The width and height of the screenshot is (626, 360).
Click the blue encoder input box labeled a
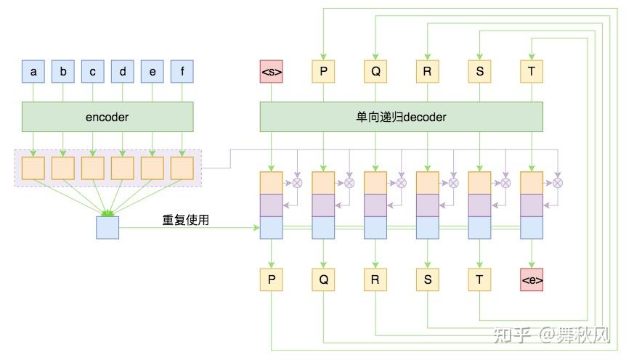coord(33,72)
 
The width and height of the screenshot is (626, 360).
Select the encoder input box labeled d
coord(123,72)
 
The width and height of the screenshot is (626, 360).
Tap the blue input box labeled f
coord(182,72)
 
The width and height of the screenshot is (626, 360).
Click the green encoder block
coord(107,117)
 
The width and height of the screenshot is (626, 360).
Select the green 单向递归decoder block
coord(402,117)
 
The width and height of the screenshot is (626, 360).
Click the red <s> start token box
coord(271,72)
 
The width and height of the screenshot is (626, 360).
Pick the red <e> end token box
coord(532,279)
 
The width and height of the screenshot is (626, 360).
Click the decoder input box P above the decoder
coord(323,72)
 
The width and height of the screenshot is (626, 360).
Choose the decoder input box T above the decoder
coord(532,72)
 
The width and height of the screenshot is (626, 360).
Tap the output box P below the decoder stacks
coord(271,279)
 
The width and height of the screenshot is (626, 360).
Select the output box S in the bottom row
coord(427,279)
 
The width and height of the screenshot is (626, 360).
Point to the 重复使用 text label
coord(185,219)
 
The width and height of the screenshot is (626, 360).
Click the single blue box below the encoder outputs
coord(107,228)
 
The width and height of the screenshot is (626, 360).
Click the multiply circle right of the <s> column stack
coord(297,183)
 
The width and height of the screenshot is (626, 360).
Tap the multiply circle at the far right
coord(558,183)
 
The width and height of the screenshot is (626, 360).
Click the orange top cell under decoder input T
coord(532,182)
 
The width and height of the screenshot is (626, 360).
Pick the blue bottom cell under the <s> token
coord(271,228)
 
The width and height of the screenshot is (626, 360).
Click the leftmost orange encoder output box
coord(33,168)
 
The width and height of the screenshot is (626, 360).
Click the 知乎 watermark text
coord(513,335)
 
